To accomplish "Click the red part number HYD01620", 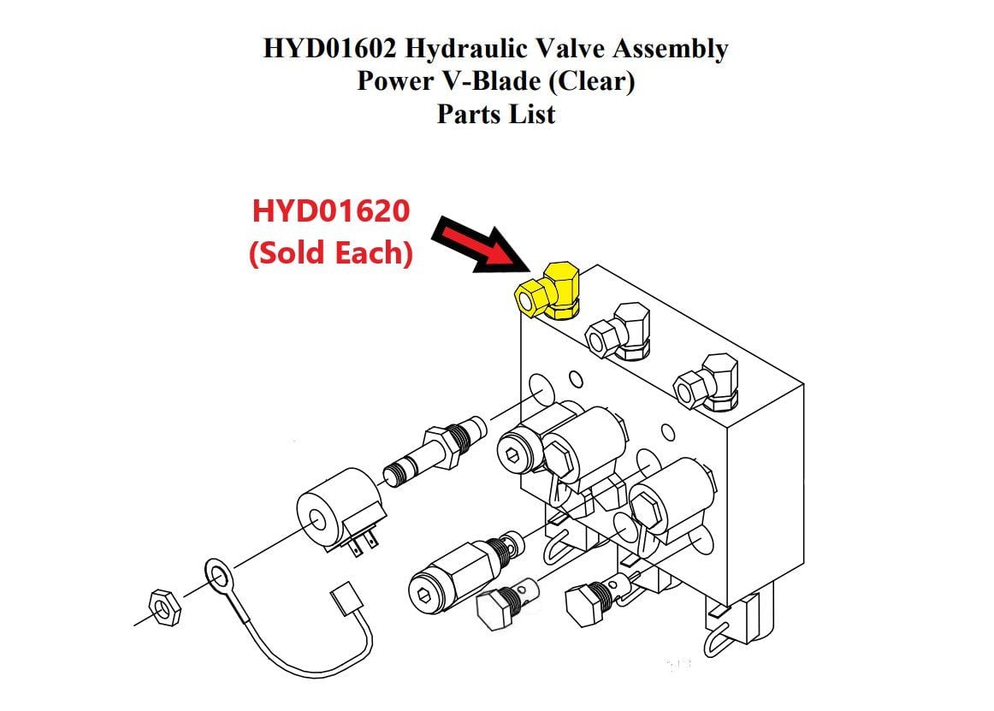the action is coord(331,210).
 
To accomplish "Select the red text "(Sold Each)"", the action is coord(331,252).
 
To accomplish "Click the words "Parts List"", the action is coord(496,114).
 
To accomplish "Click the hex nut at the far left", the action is coord(165,607).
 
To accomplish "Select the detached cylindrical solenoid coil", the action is coord(338,511).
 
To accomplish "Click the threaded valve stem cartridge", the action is coord(435,451).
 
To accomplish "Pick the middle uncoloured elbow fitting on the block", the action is coord(619,330).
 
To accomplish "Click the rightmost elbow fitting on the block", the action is coord(707,382).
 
